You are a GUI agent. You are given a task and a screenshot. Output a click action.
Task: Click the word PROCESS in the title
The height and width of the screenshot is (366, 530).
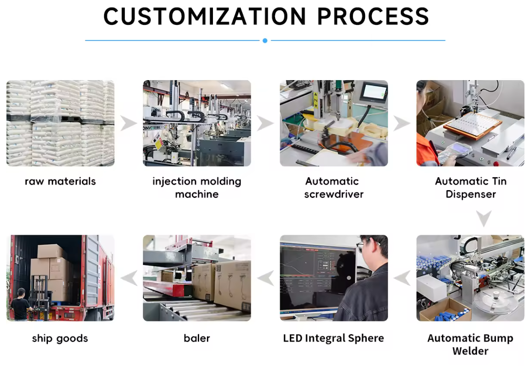(373, 17)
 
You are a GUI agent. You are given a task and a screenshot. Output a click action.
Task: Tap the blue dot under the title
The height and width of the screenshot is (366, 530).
(265, 41)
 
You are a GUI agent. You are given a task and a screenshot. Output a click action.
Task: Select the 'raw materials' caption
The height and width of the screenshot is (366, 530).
(60, 181)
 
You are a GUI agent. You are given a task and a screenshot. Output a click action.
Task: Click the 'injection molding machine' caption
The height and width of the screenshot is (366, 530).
(197, 187)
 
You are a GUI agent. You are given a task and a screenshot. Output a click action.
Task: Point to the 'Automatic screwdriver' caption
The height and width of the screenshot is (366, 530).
(334, 187)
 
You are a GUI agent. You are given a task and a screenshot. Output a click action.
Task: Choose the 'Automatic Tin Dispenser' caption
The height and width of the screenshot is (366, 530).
(471, 187)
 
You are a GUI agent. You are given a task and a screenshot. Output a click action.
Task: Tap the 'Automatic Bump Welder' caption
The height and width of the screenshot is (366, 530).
(471, 344)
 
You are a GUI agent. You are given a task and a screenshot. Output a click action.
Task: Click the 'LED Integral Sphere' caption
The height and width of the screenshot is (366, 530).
(334, 338)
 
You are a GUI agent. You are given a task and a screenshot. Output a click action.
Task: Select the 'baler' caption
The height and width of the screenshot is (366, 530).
(197, 338)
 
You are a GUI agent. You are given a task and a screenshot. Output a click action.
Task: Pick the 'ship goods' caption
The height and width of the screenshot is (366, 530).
(60, 338)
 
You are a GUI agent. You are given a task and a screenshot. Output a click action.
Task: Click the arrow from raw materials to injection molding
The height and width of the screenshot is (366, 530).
(129, 123)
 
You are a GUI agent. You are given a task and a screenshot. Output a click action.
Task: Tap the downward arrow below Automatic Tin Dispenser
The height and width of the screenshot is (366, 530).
(483, 219)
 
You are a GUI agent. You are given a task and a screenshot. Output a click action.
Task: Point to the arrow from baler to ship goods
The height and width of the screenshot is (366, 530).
(129, 278)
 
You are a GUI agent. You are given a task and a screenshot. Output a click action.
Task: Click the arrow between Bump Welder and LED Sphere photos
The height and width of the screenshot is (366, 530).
(402, 278)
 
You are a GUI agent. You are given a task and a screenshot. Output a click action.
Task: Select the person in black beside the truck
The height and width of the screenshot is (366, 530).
(20, 304)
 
